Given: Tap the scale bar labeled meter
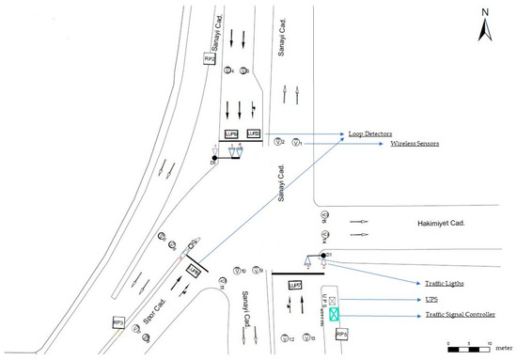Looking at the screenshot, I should point(470,349).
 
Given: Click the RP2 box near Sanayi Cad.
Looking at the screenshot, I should point(209,59).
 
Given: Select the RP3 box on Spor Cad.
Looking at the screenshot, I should point(118,322).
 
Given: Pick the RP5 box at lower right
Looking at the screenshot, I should point(341,333).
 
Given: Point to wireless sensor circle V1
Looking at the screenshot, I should point(296,143).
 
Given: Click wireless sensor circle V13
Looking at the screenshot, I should point(309,337).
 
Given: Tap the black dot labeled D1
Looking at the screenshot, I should point(323,255).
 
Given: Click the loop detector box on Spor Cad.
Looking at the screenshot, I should point(196,269).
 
